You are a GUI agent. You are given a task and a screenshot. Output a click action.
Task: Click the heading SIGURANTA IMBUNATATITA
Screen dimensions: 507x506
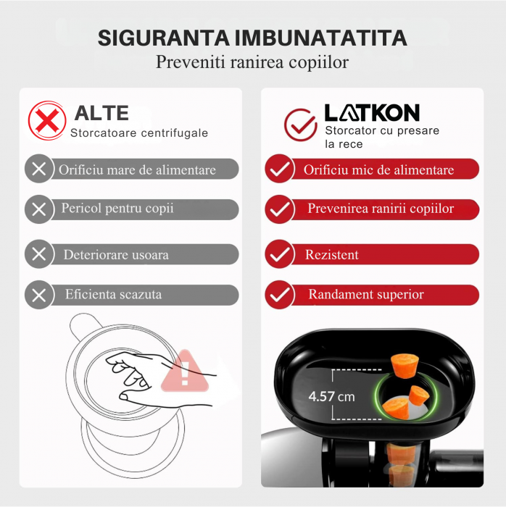coord(252,38)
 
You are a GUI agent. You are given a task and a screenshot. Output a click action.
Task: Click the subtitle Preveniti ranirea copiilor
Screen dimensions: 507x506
coord(252,62)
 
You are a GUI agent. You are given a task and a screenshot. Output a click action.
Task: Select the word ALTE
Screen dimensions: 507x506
coord(101,113)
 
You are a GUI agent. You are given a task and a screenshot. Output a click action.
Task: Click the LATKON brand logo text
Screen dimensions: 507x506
coord(371,113)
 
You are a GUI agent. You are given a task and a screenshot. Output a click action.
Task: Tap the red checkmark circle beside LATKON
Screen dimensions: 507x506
coord(299,124)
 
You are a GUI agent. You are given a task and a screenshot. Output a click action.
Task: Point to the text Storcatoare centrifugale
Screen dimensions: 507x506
coord(138,133)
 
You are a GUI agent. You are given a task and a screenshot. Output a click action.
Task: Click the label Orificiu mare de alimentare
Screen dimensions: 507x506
coord(137,170)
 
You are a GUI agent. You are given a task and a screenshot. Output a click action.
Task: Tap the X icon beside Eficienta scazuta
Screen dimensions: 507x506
coord(39,295)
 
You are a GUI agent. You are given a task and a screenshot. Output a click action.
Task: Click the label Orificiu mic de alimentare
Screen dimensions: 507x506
coord(378,170)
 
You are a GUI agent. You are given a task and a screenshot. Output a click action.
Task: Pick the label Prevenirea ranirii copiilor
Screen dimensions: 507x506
coord(381,209)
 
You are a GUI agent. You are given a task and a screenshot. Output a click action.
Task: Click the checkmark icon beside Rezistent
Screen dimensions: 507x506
coord(278,254)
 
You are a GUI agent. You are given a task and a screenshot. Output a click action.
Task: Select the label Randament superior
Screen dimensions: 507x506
coord(365,295)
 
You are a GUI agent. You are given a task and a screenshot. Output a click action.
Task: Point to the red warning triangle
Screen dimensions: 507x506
coord(183,372)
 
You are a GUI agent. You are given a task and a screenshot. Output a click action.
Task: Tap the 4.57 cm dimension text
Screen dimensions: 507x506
coord(331,397)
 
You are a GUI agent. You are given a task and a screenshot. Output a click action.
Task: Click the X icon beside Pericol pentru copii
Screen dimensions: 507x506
coord(39,209)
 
